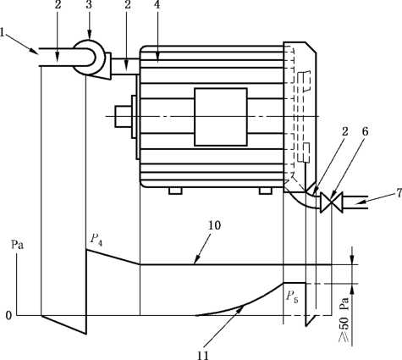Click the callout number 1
[x=2, y=32]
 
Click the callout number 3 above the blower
[x=89, y=5]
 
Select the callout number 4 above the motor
[x=157, y=5]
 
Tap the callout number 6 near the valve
[x=366, y=132]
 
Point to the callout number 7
[x=399, y=193]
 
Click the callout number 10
[x=214, y=225]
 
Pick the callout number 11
[x=202, y=355]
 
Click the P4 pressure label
[x=96, y=240]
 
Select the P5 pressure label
[x=292, y=296]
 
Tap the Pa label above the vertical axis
[x=17, y=245]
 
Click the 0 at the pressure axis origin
[x=8, y=315]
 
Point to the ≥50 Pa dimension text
[x=344, y=320]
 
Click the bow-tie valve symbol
[x=331, y=202]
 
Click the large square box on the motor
[x=221, y=117]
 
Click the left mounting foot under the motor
[x=175, y=191]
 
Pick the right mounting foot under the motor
[x=266, y=191]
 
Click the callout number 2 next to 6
[x=344, y=132]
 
